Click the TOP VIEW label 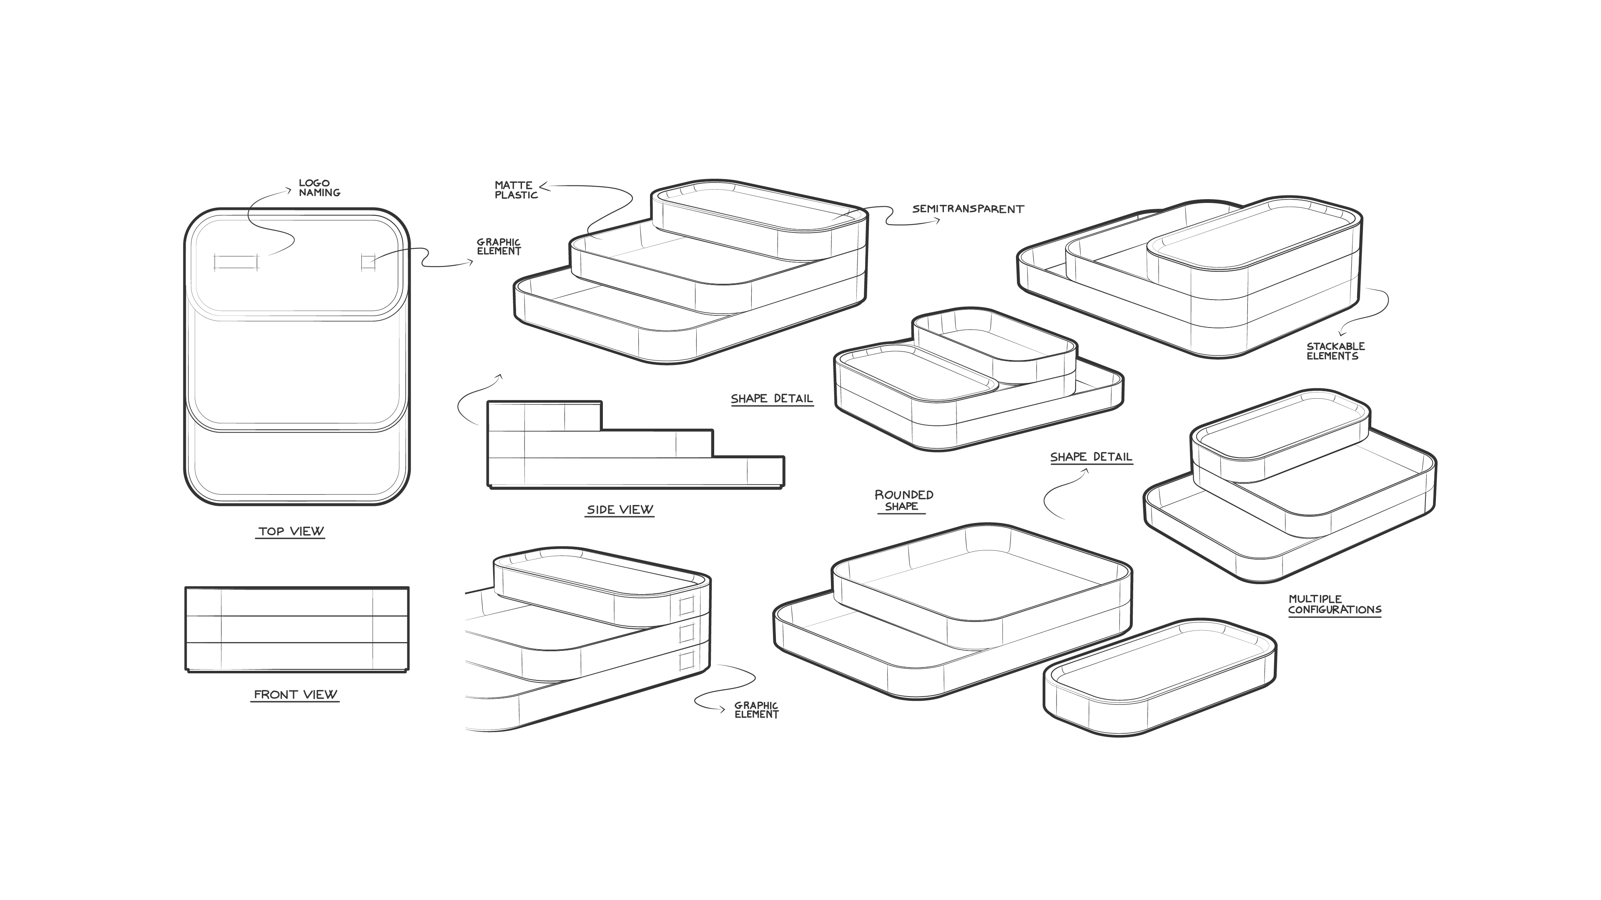[x=291, y=531]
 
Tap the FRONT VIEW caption [x=295, y=695]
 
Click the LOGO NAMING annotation [x=319, y=187]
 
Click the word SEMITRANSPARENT [x=968, y=209]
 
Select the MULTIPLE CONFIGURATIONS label [x=1334, y=604]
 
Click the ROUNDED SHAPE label [x=903, y=500]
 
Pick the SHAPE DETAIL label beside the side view [x=771, y=399]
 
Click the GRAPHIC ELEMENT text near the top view [x=499, y=247]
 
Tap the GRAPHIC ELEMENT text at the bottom [x=756, y=710]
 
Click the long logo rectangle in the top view [x=236, y=262]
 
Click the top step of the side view [x=545, y=415]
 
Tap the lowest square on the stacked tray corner [x=686, y=661]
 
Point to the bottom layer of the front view [x=297, y=656]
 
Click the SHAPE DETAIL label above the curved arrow [x=1091, y=457]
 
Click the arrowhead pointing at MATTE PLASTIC [x=542, y=185]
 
